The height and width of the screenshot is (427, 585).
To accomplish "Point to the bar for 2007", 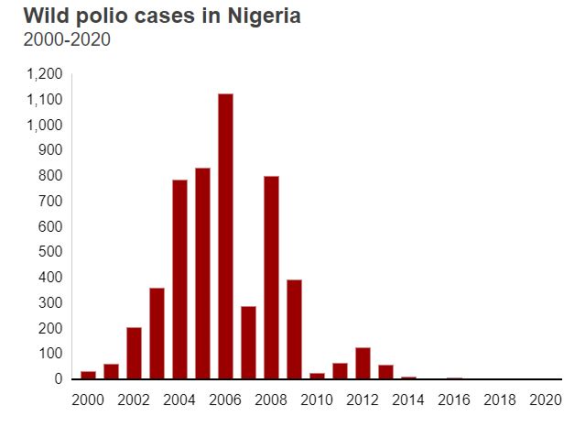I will pos(248,342).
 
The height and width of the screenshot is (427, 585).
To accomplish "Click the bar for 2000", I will pos(88,375).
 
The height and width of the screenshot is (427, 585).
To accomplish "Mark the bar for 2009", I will pos(294,329).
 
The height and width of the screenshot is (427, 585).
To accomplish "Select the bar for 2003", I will pos(157,334).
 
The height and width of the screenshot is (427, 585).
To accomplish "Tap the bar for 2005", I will pos(202,274).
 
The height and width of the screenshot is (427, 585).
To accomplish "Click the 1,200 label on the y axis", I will pos(45,73).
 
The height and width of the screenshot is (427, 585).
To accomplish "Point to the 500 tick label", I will pos(51,252).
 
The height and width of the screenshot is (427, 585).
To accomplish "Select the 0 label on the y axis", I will pos(59,378).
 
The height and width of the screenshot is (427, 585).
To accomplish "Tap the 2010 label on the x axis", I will pos(317,400).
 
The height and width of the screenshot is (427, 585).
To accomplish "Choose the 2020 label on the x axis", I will pos(546,400).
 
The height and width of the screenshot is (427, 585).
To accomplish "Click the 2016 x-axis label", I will pos(454,400).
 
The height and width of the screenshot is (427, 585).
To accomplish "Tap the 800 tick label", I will pos(51,175).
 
